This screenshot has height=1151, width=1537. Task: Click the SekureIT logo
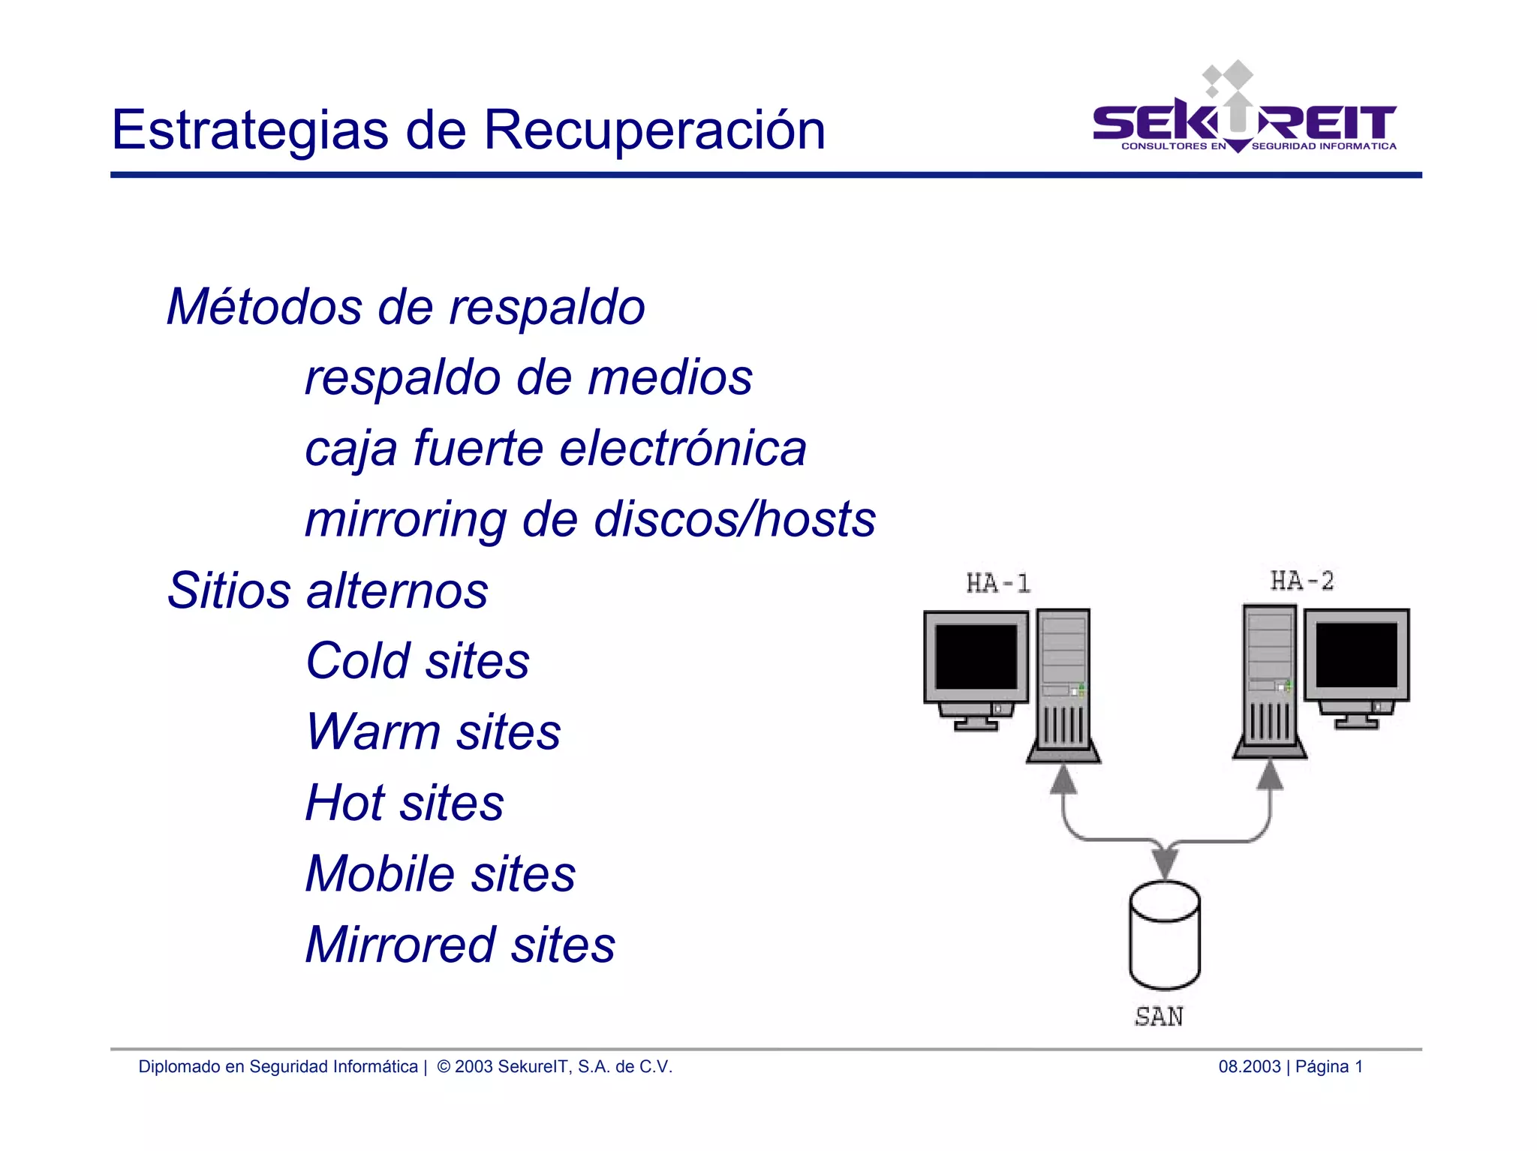(x=1244, y=113)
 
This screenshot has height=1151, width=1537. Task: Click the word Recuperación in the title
(x=654, y=130)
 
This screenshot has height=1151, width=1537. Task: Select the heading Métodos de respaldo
(x=405, y=307)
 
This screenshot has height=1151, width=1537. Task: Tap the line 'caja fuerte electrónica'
(x=555, y=449)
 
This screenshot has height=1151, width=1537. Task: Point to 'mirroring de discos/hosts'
(x=590, y=519)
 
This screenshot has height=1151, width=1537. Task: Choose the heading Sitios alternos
(x=327, y=591)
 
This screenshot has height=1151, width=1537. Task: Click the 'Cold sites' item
(x=417, y=661)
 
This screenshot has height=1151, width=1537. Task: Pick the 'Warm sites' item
(x=433, y=732)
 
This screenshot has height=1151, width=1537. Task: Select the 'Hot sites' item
(x=405, y=803)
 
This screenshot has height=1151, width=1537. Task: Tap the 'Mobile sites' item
(x=441, y=874)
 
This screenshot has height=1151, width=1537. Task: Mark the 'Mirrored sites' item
(x=460, y=945)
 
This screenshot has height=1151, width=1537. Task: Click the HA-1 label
(x=998, y=583)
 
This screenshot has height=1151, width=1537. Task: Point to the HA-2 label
(x=1302, y=581)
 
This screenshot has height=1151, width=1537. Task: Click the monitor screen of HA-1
(x=976, y=657)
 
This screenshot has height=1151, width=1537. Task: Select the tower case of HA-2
(x=1269, y=679)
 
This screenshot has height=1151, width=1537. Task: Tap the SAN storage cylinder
(x=1164, y=935)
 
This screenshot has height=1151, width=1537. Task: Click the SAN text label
(x=1159, y=1017)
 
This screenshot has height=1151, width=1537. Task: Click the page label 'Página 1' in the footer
(x=1328, y=1066)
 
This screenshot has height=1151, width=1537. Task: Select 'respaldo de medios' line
(x=528, y=377)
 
